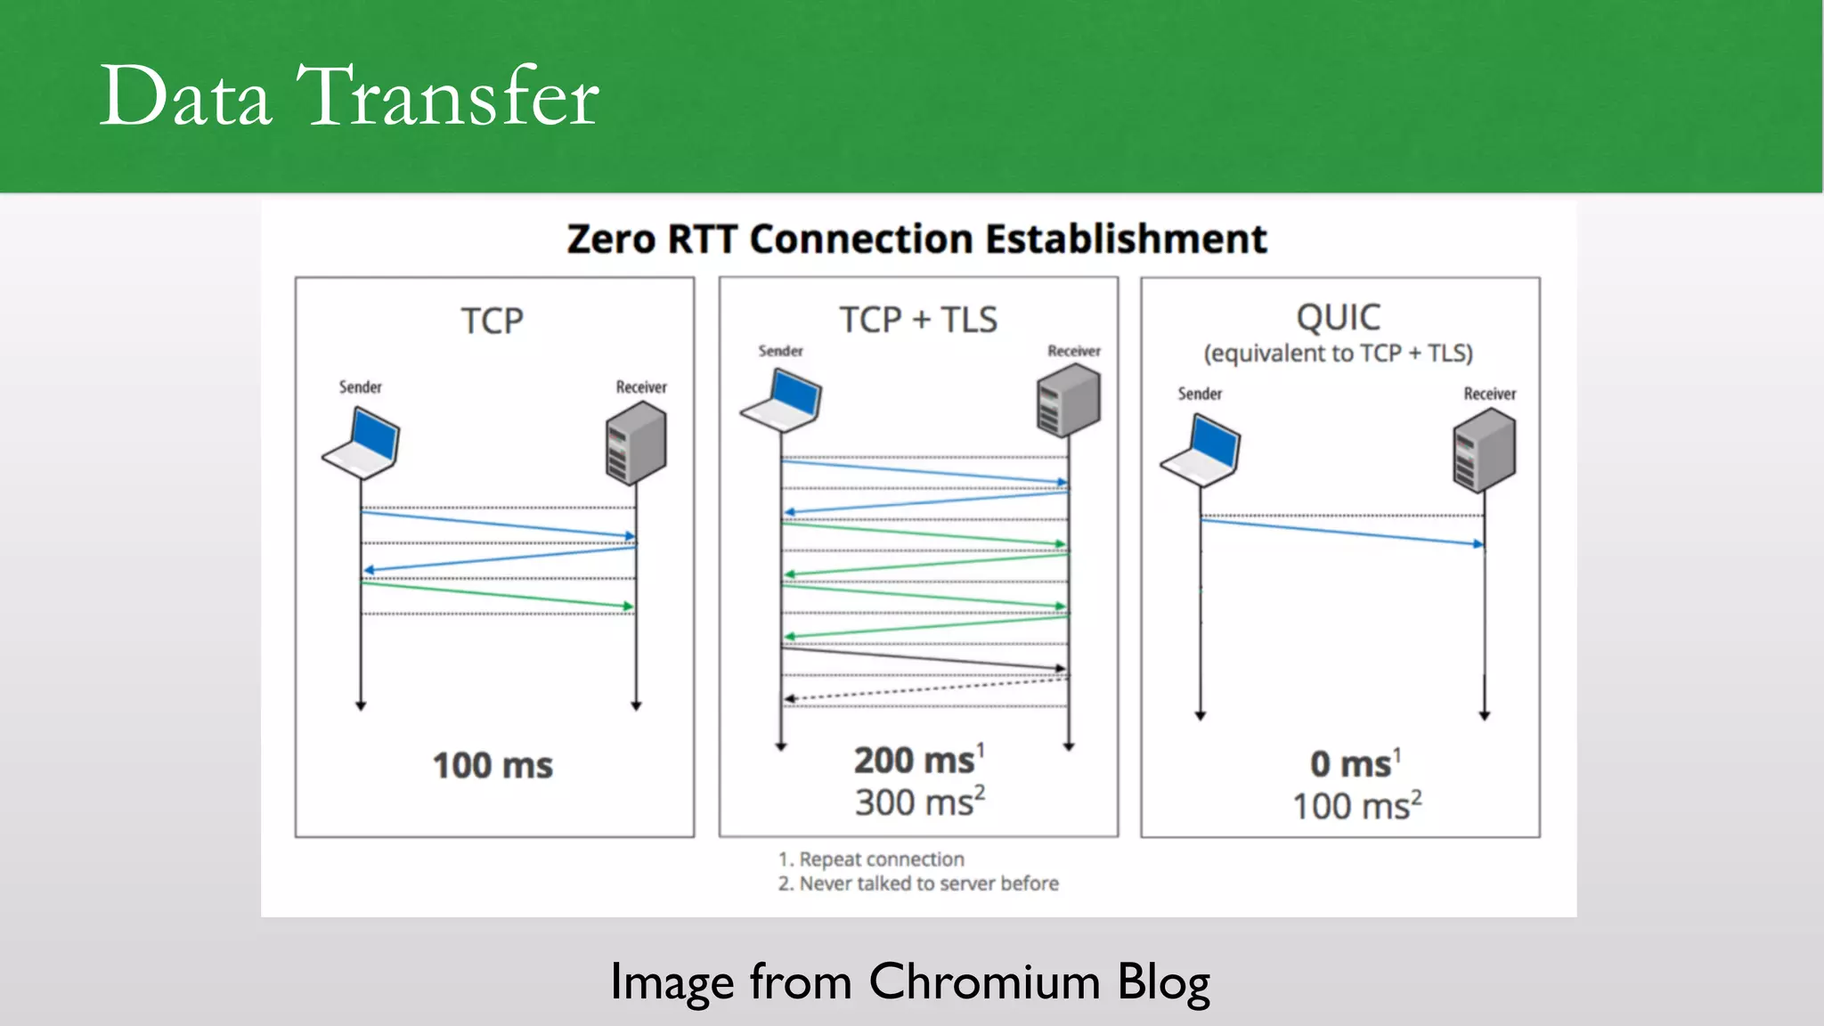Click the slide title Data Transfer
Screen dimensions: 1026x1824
click(x=348, y=96)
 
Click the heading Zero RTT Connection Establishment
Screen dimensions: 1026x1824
click(x=916, y=239)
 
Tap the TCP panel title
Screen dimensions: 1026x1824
click(x=492, y=321)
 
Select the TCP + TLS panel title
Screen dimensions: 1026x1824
click(x=918, y=320)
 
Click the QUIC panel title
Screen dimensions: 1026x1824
click(x=1338, y=317)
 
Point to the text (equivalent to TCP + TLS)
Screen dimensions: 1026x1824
click(x=1338, y=354)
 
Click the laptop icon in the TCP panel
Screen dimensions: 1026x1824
click(x=362, y=443)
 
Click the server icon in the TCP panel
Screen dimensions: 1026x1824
click(x=636, y=442)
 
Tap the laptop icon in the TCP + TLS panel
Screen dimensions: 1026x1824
click(x=782, y=401)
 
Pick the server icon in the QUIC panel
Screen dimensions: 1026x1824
click(x=1484, y=450)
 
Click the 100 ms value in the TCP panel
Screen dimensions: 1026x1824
click(x=493, y=766)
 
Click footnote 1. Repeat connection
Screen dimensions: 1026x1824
click(x=871, y=859)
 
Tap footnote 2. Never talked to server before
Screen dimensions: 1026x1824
click(x=918, y=883)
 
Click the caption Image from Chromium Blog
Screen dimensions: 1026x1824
click(x=909, y=982)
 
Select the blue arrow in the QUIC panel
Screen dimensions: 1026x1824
click(x=1342, y=532)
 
